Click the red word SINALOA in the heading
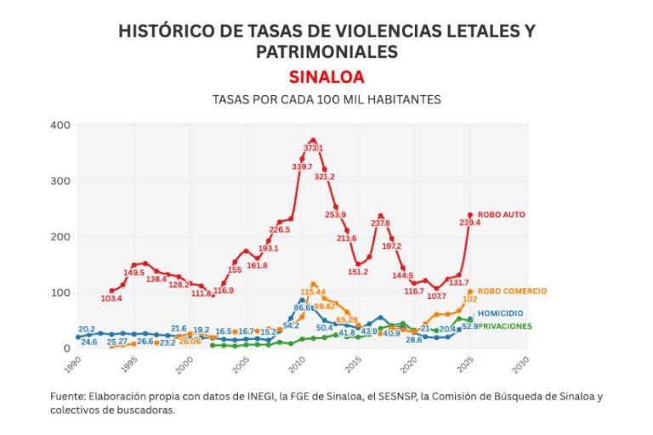(326, 76)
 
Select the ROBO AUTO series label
(502, 216)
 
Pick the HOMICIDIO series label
(500, 314)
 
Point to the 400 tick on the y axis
(60, 126)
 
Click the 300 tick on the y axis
(60, 182)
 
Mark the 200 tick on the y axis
(60, 237)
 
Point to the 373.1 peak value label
(313, 149)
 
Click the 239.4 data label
(471, 223)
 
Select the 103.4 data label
(111, 299)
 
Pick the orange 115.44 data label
(313, 292)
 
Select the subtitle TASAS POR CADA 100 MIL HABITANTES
(326, 99)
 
